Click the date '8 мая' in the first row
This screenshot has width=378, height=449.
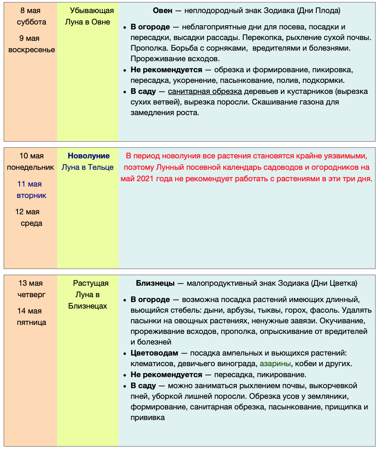click(31, 11)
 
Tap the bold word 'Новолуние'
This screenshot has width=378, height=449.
click(89, 156)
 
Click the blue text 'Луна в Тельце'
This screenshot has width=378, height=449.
click(87, 167)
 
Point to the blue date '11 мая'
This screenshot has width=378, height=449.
click(29, 184)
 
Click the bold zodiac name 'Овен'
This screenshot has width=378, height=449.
click(162, 11)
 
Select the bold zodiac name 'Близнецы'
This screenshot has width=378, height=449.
click(155, 283)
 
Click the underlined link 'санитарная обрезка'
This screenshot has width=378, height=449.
click(205, 91)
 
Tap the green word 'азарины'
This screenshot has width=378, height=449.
click(276, 363)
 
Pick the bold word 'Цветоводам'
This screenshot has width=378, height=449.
click(154, 353)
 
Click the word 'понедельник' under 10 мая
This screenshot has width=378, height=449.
click(31, 167)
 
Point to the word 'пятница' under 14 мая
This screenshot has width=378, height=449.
click(31, 322)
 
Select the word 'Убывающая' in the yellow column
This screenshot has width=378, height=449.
click(92, 11)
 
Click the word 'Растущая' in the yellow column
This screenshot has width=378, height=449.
click(91, 283)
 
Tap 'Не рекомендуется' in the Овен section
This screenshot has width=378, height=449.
click(166, 70)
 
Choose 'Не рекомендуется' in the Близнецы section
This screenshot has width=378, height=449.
click(166, 375)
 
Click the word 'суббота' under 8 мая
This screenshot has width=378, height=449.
click(31, 22)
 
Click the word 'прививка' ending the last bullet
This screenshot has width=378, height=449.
click(148, 418)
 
